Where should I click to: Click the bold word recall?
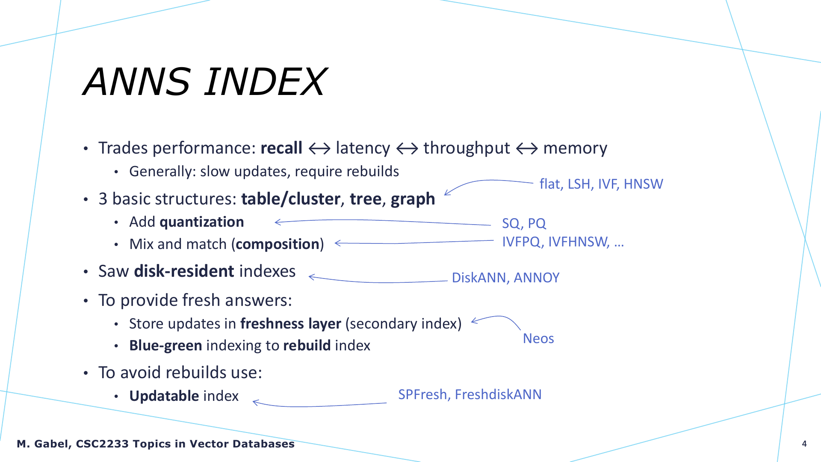tap(281, 148)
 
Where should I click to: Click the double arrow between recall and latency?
tap(319, 149)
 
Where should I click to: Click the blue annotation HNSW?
tap(643, 184)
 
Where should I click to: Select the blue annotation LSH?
tap(579, 184)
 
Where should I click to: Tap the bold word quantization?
tap(202, 222)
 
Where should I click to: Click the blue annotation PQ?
tap(537, 223)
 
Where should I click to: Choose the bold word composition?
tap(278, 244)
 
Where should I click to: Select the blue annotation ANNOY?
tap(537, 278)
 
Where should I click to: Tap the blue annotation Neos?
tap(538, 338)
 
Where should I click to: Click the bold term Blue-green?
tap(165, 346)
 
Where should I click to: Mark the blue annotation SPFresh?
tap(422, 394)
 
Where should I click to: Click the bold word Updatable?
tap(164, 396)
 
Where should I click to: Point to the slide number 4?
tap(804, 444)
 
